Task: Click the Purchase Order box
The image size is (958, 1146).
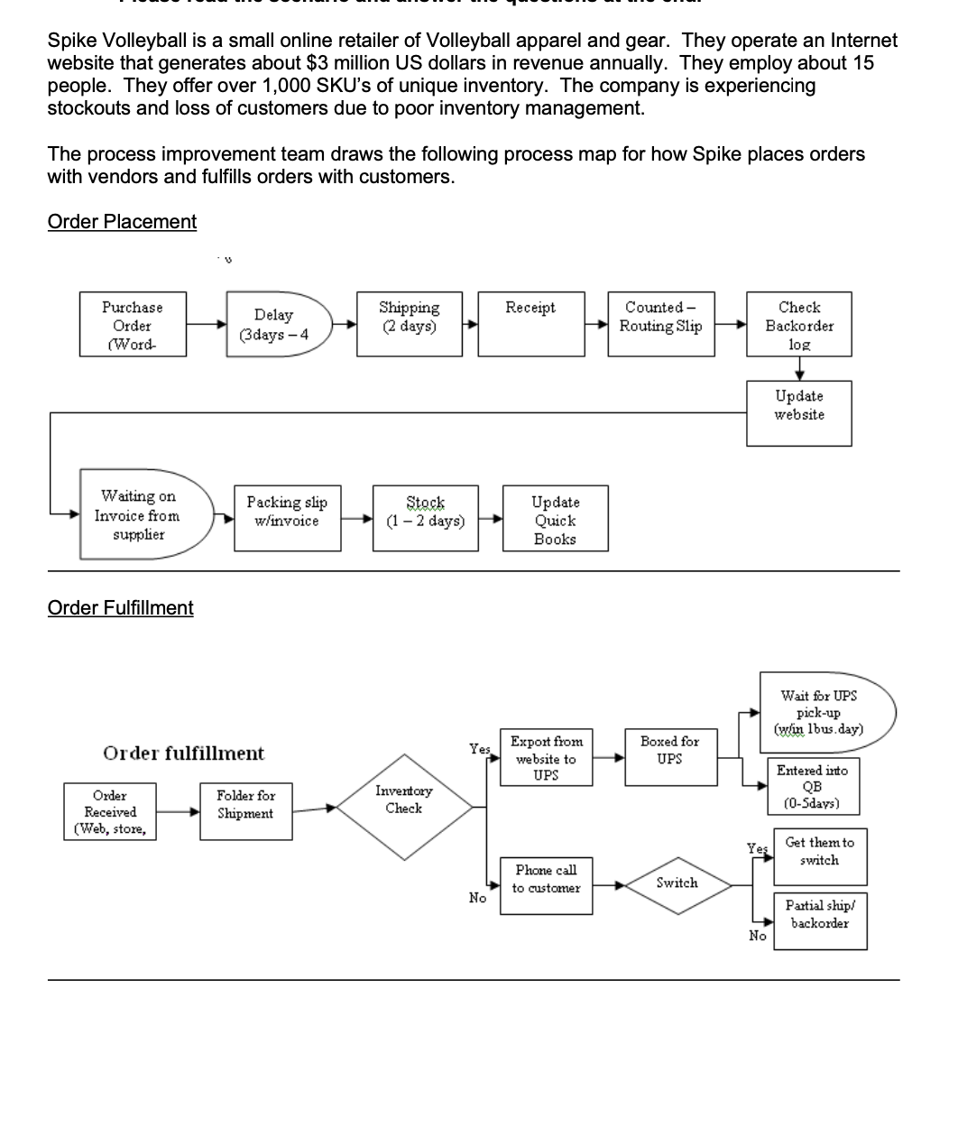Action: click(133, 324)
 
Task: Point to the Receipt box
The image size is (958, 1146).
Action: click(531, 324)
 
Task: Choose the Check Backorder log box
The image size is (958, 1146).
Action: click(799, 324)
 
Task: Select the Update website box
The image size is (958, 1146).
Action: click(799, 412)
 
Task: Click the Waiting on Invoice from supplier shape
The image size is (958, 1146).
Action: click(143, 514)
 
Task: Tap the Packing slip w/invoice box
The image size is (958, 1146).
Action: click(287, 517)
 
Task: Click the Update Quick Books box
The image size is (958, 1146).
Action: click(555, 520)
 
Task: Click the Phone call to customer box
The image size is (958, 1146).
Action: click(546, 885)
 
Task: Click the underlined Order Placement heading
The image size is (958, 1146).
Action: click(122, 222)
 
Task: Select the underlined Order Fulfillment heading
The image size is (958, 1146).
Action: click(120, 608)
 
